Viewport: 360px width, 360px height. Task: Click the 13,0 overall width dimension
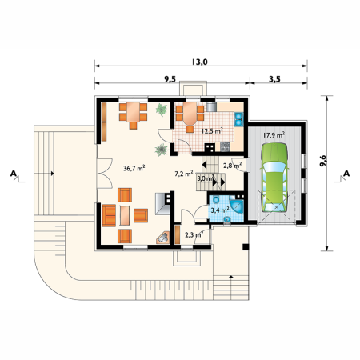(x=199, y=62)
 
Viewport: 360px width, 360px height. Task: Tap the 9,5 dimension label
(x=170, y=79)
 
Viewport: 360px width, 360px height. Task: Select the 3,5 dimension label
(x=274, y=79)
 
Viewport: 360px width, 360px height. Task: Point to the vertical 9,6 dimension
(x=323, y=161)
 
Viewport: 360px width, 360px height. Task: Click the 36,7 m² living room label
(x=134, y=168)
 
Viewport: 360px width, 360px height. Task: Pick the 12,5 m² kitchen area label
(x=212, y=131)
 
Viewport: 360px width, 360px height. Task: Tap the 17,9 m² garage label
(x=274, y=135)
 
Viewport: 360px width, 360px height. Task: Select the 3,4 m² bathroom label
(x=220, y=210)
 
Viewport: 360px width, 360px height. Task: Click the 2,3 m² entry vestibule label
(x=194, y=234)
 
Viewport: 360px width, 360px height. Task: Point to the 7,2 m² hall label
(x=184, y=174)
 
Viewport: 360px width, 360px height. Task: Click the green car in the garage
(x=274, y=178)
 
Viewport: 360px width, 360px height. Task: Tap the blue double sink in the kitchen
(x=238, y=119)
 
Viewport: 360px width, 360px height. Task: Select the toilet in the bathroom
(x=216, y=199)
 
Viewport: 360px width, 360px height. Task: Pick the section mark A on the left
(x=14, y=174)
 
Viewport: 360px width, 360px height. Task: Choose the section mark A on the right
(x=346, y=174)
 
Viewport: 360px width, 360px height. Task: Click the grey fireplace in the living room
(x=162, y=204)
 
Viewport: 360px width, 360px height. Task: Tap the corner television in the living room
(x=163, y=238)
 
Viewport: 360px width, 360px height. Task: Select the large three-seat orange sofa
(x=109, y=215)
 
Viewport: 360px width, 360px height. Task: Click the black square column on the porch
(x=246, y=247)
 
